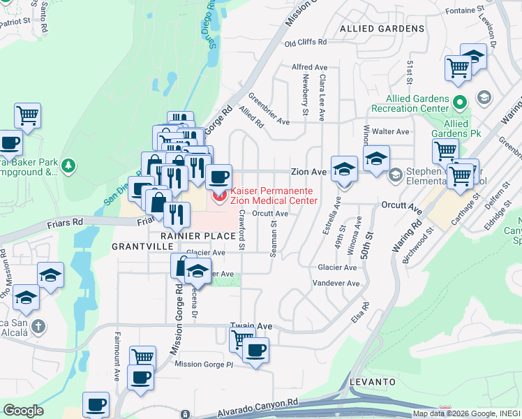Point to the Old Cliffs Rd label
306,43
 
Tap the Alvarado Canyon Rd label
258,403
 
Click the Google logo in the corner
22,411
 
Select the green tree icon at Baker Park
67,166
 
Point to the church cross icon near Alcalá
38,326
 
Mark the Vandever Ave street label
335,284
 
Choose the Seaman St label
274,239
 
